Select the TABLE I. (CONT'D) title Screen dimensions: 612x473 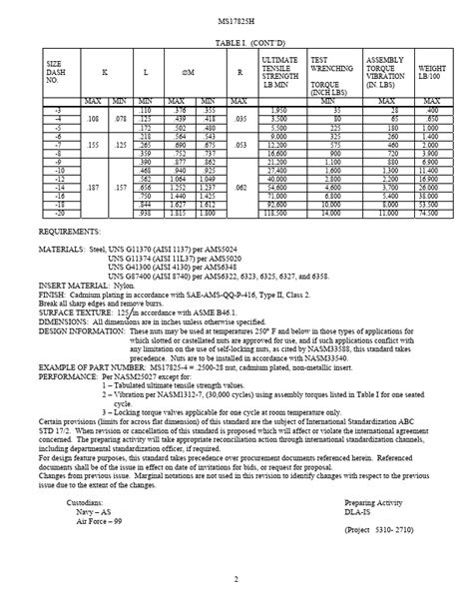(x=236, y=45)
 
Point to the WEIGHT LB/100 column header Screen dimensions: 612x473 (x=431, y=74)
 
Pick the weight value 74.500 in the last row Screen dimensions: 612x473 (x=430, y=213)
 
